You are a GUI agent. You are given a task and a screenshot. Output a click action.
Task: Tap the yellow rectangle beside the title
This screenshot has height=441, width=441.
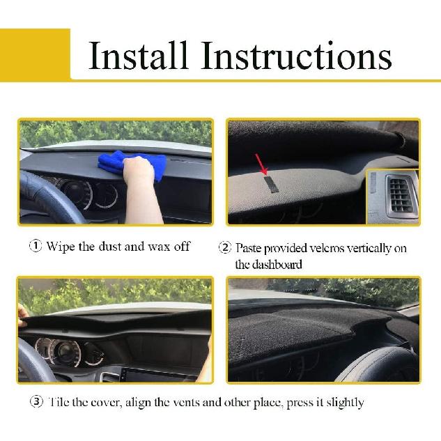35,54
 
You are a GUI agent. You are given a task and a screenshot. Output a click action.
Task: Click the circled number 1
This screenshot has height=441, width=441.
35,247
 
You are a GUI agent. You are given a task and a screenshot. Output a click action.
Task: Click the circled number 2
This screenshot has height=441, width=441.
224,247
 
